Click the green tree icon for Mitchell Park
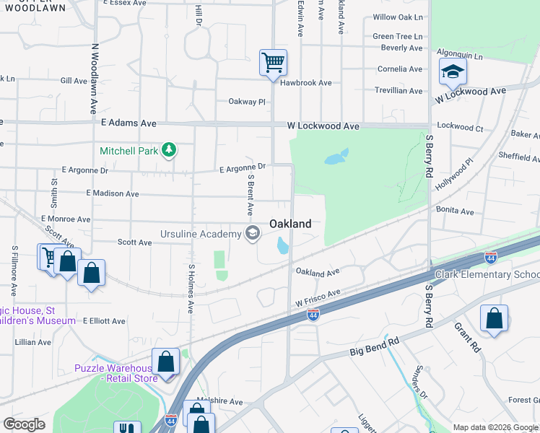169,150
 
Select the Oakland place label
290,224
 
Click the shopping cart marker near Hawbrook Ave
273,63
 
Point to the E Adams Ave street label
129,123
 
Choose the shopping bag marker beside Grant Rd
494,318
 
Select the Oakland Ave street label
317,273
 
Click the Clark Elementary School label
487,275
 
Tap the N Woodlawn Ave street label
94,78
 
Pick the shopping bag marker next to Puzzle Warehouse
166,362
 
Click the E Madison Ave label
112,193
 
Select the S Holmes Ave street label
191,289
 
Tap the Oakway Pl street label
247,102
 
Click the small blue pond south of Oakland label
282,247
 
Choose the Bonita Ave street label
454,211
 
